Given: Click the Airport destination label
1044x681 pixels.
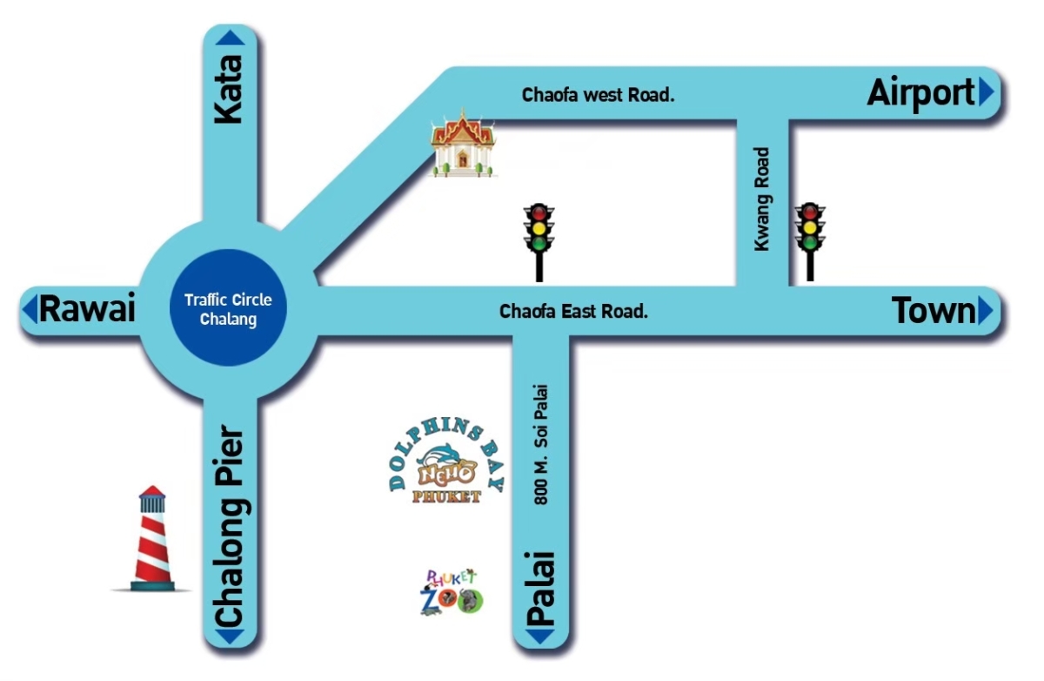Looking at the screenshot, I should click(x=920, y=93).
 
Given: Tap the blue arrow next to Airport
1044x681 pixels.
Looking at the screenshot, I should click(x=985, y=92).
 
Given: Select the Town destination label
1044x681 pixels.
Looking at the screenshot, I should click(x=934, y=311).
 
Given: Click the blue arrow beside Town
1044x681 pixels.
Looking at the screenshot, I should click(x=985, y=311).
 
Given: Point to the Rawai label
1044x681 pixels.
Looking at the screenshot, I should click(x=87, y=309).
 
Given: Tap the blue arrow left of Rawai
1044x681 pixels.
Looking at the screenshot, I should click(x=30, y=309).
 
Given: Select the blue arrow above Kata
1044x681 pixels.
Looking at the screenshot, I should click(x=230, y=37).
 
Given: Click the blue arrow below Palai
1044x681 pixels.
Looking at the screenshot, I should click(x=540, y=637).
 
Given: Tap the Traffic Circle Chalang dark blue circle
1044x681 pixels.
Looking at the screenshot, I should click(x=228, y=309).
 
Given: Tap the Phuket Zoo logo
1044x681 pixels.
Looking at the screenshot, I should click(x=451, y=593).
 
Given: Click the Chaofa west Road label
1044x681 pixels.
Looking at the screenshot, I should click(x=598, y=96).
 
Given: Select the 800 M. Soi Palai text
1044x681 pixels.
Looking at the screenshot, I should click(x=543, y=444).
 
